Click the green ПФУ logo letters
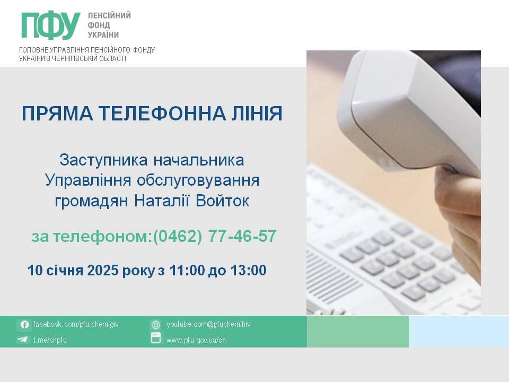(x=51, y=25)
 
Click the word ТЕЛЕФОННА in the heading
(x=162, y=114)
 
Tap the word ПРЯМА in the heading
(x=58, y=114)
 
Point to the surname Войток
(x=222, y=201)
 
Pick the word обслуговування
(x=198, y=180)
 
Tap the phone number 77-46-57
(x=242, y=236)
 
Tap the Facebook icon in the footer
(x=24, y=325)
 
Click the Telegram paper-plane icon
(x=22, y=340)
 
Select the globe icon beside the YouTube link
(x=156, y=325)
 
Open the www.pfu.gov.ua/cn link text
(x=196, y=340)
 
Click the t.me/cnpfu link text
(x=50, y=340)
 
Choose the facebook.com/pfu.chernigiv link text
(x=76, y=324)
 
